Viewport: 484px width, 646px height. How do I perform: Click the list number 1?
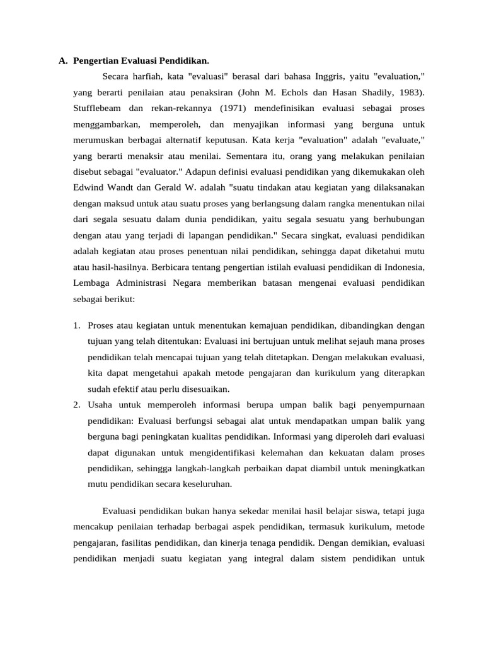click(x=76, y=326)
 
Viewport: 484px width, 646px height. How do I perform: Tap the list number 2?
click(x=76, y=404)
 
